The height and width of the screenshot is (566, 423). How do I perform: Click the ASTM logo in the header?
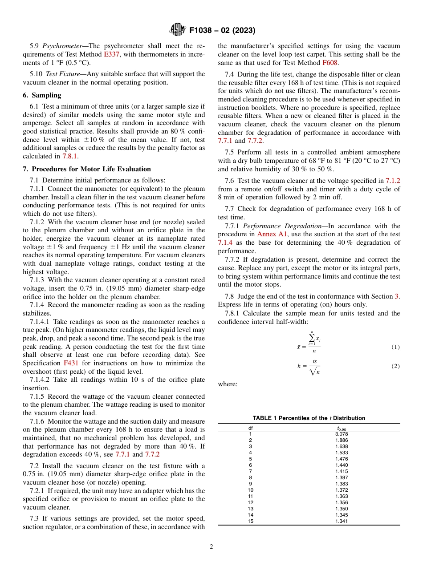178,30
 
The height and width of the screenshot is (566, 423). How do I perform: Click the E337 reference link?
112,54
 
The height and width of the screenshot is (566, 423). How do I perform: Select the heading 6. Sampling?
42,95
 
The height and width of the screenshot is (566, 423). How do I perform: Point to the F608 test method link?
330,63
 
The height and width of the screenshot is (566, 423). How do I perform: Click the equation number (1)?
395,347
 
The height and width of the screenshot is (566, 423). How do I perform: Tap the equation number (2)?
395,366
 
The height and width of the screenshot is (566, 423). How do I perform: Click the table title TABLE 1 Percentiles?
309,418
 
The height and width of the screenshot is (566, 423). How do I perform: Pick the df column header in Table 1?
250,428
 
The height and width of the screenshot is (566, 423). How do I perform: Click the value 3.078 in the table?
341,434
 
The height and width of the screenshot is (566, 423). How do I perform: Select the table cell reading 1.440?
341,465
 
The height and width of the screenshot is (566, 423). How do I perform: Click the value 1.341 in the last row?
341,521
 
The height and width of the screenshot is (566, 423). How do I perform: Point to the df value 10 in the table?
250,490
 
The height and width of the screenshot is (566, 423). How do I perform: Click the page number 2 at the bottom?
211,547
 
